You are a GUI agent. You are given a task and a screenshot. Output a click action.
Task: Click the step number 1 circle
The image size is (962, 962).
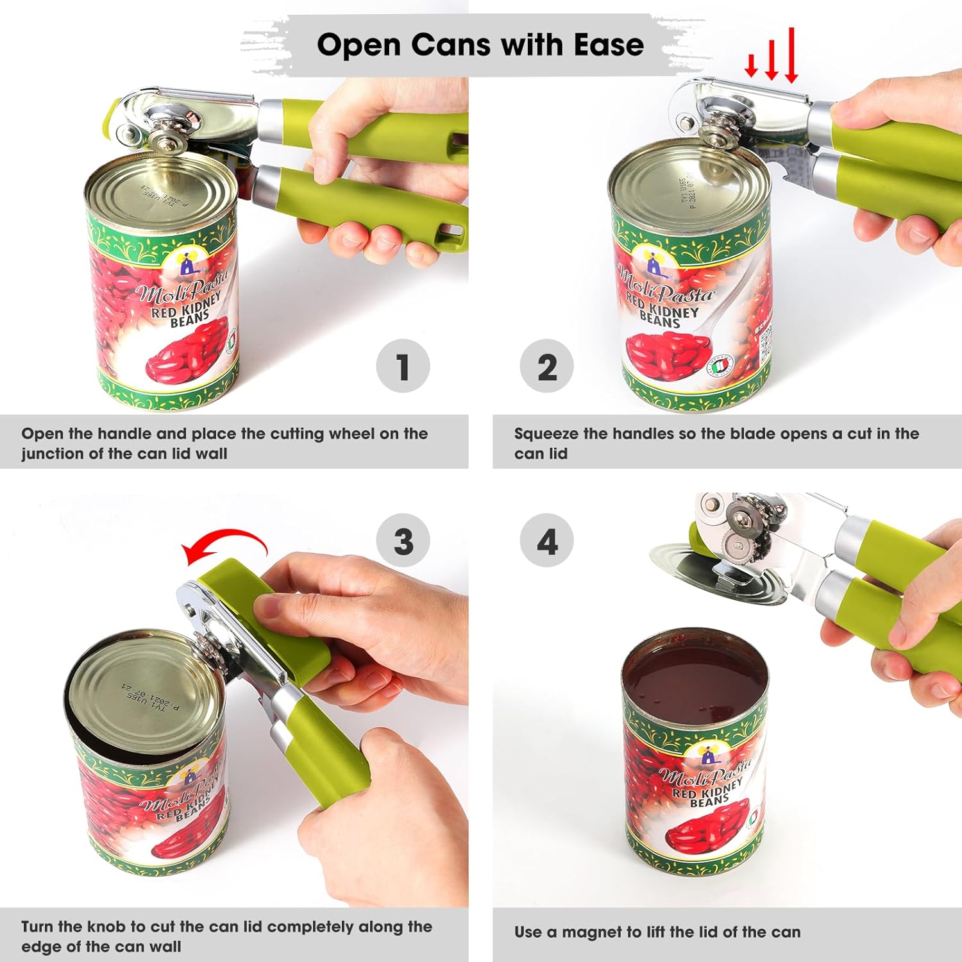403,366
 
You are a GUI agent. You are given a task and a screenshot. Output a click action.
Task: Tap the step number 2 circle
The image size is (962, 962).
546,366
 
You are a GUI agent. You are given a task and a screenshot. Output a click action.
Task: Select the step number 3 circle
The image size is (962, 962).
403,541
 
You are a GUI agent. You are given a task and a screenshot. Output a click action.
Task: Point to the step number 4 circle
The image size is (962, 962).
546,541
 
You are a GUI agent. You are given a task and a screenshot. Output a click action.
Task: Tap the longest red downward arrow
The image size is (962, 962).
791,55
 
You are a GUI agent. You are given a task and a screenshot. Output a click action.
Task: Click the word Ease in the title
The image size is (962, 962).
608,45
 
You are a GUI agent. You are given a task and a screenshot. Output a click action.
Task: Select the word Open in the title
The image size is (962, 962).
359,45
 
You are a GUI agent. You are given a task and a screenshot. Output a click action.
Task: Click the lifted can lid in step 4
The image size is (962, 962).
712,571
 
